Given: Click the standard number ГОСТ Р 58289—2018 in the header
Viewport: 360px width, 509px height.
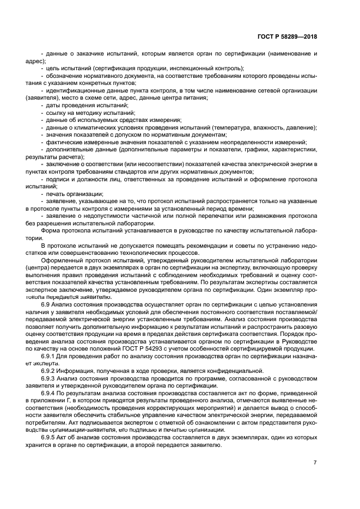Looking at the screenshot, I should (x=286, y=37).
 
